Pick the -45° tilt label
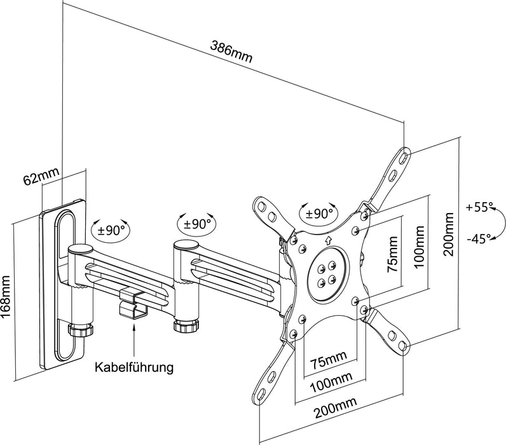pos(478,239)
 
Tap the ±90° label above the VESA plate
pos(320,214)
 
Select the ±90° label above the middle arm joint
pos(197,224)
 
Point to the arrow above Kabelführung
pos(133,338)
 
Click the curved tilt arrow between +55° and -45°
pos(500,224)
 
